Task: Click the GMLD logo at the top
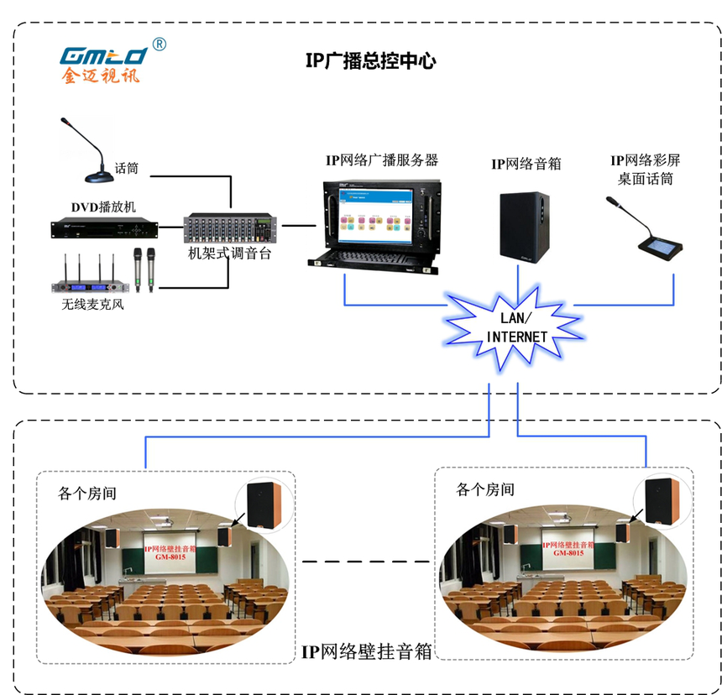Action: pos(103,56)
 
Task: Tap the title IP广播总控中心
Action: pos(370,61)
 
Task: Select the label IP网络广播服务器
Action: pos(382,159)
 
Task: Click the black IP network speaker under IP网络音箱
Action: pos(525,225)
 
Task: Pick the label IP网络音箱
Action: pos(526,165)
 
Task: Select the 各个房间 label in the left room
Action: pos(87,493)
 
